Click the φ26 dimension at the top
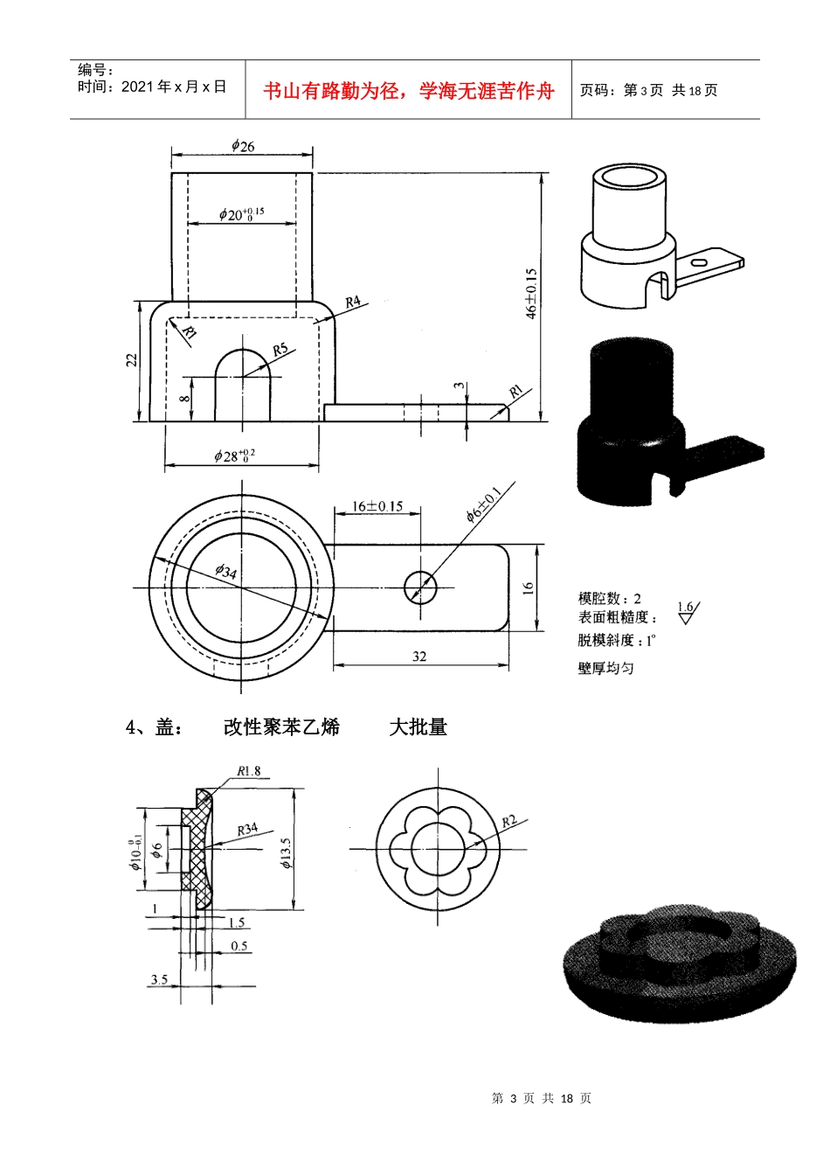pos(243,146)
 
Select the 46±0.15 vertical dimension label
pos(530,294)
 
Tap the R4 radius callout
pos(353,302)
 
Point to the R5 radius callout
pos(280,350)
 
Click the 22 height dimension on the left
pos(132,359)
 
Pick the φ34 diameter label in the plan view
pos(225,572)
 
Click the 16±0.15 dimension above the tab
pos(377,506)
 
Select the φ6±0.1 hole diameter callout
pos(483,504)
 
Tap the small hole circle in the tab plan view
pos(420,587)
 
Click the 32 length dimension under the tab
pos(419,656)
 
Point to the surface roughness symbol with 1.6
pos(688,611)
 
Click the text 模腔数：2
pos(609,598)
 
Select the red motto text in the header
pos(408,91)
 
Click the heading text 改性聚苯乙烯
pos(280,727)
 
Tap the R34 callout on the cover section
pos(247,829)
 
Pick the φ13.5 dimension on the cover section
pos(286,852)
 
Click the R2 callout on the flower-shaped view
pos(509,821)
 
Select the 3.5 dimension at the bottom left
pos(158,979)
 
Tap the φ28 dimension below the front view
pos(234,455)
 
